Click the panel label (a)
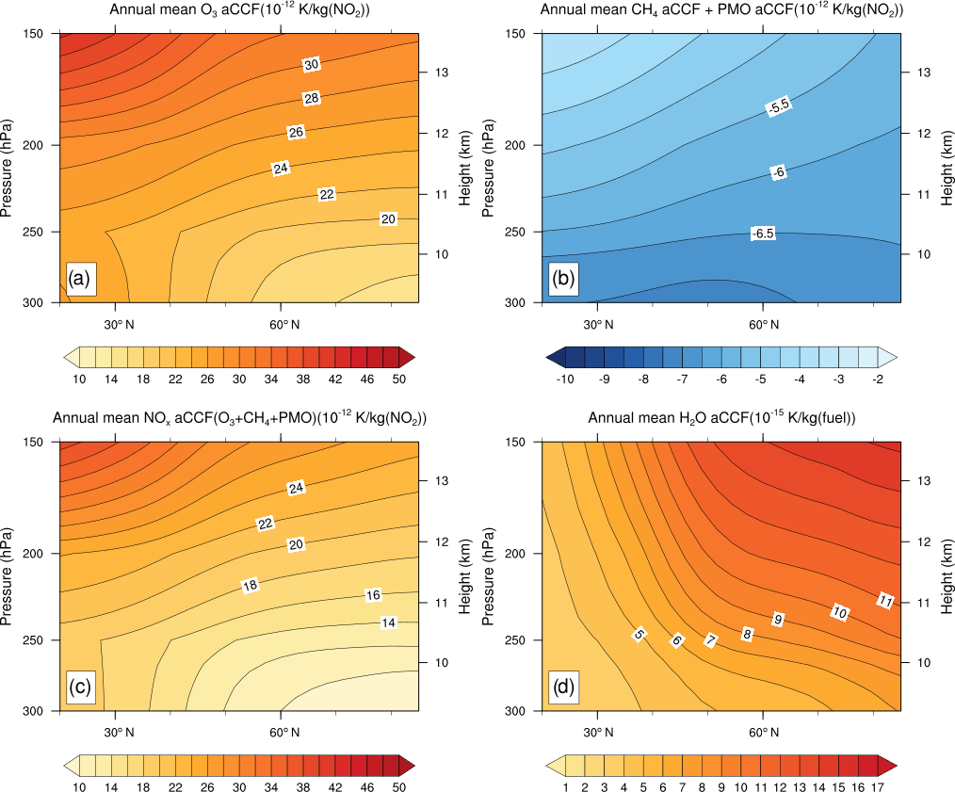click(x=79, y=279)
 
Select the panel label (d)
click(x=562, y=687)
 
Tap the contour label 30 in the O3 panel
click(x=312, y=64)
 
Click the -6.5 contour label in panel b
click(x=763, y=233)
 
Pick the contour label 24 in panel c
click(x=297, y=488)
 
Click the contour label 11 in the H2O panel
click(x=884, y=600)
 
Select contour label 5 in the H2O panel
click(x=639, y=635)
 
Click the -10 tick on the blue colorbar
click(x=565, y=379)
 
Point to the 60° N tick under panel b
click(x=763, y=325)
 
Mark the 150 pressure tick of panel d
click(x=522, y=442)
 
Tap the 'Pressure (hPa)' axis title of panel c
click(x=8, y=576)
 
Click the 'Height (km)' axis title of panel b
click(x=947, y=168)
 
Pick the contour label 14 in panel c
click(x=388, y=622)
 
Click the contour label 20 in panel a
click(x=388, y=218)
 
